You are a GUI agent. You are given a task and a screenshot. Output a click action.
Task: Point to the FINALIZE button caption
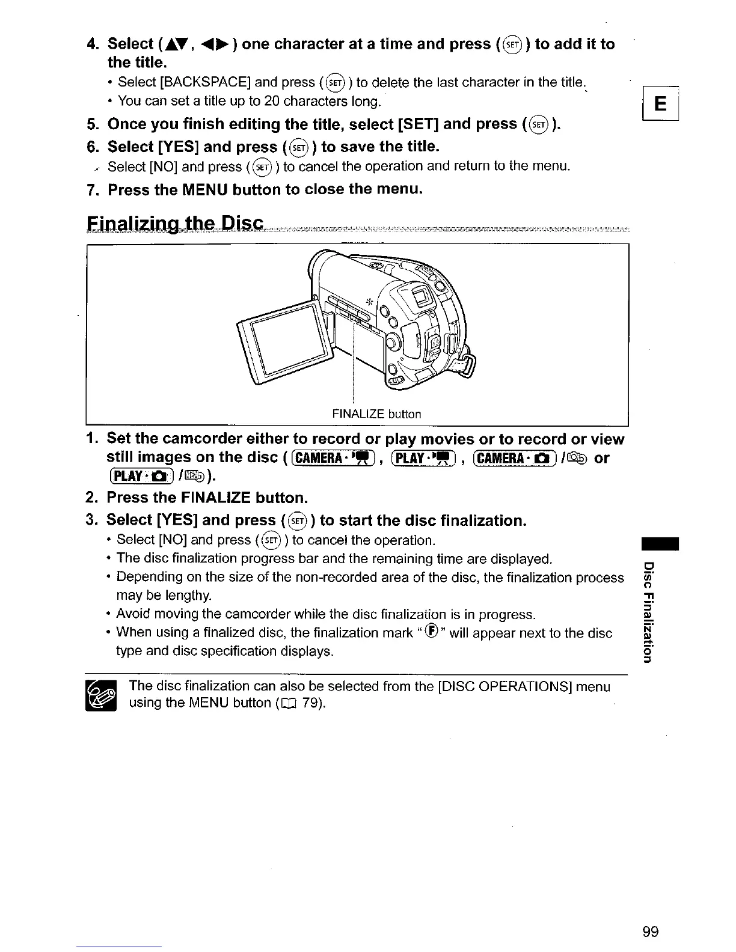coord(376,413)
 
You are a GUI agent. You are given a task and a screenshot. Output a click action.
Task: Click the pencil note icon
coord(103,695)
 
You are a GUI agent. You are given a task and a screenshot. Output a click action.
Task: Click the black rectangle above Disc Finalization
coord(660,543)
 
